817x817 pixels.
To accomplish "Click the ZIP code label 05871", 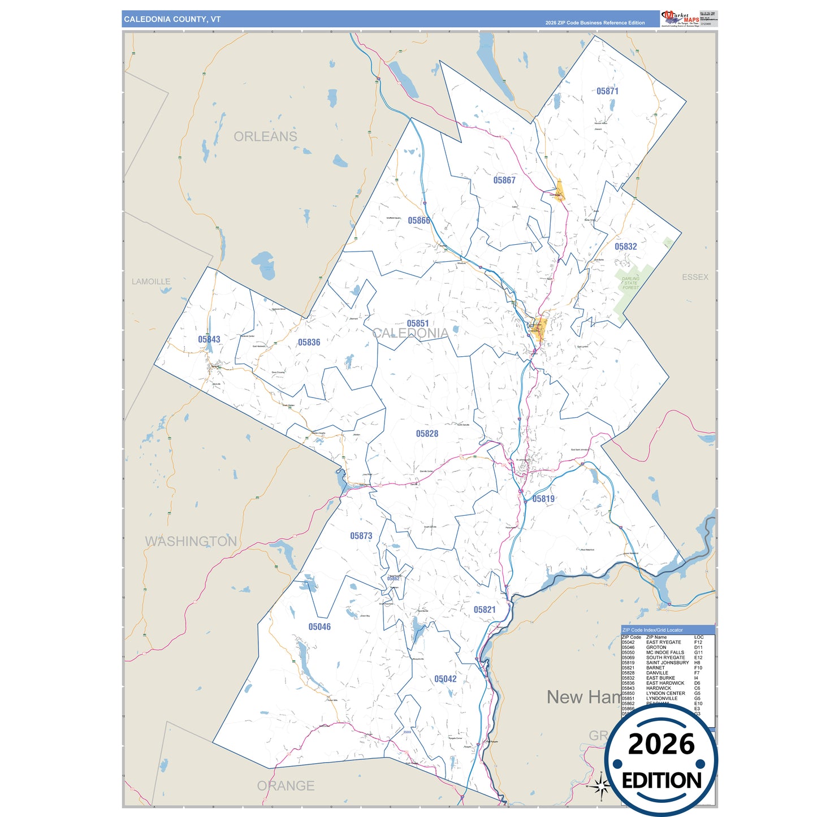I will (607, 91).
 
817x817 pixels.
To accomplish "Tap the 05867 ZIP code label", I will (504, 180).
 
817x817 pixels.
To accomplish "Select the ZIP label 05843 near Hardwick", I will (209, 339).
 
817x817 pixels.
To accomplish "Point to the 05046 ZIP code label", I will (319, 626).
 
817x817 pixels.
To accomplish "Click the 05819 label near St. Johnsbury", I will (543, 499).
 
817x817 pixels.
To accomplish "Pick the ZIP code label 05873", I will (361, 536).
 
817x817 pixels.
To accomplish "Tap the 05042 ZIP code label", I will (445, 679).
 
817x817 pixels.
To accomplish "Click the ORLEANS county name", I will (265, 137).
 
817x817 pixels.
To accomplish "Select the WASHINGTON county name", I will (191, 541).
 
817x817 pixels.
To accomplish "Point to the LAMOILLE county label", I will (151, 282).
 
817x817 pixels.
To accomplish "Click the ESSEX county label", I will (695, 277).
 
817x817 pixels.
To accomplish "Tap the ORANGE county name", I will (286, 786).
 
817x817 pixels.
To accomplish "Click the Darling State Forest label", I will (630, 283).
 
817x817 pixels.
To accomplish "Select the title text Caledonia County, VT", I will (172, 19).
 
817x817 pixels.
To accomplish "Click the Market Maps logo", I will (680, 19).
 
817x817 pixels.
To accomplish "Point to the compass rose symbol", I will (602, 785).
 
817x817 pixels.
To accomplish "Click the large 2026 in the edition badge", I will (661, 744).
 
